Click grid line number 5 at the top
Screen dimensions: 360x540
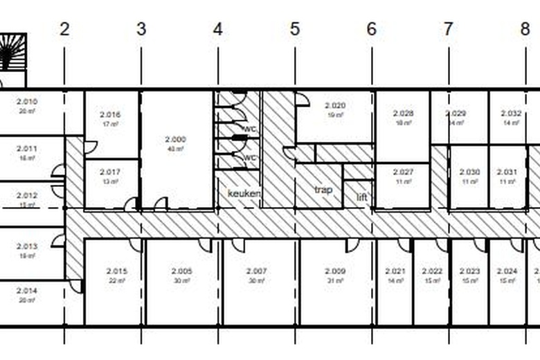[295, 29]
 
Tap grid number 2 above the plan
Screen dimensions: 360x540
[64, 29]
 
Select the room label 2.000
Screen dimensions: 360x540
[176, 139]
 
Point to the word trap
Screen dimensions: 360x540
[323, 190]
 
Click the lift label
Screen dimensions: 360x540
[362, 197]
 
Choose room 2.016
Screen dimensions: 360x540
[110, 115]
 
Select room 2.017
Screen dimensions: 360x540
[110, 172]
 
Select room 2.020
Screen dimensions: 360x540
[335, 106]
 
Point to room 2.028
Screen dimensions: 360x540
[403, 113]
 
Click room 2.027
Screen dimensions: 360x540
[403, 172]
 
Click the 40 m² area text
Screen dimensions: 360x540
[176, 149]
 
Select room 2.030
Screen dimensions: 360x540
[469, 172]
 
